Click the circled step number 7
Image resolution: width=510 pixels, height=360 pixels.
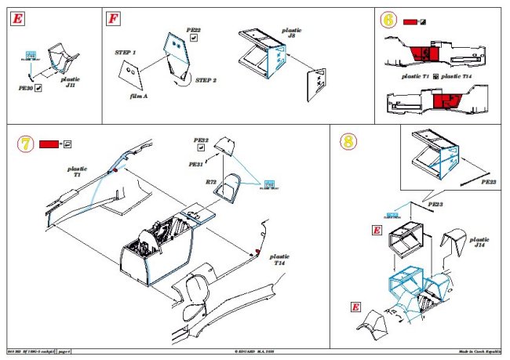click(x=25, y=144)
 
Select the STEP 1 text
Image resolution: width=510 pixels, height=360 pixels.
click(x=125, y=51)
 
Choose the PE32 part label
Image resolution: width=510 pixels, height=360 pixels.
click(x=201, y=140)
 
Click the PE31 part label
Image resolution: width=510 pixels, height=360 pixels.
click(x=197, y=165)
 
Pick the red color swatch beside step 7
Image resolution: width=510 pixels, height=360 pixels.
click(x=49, y=144)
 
